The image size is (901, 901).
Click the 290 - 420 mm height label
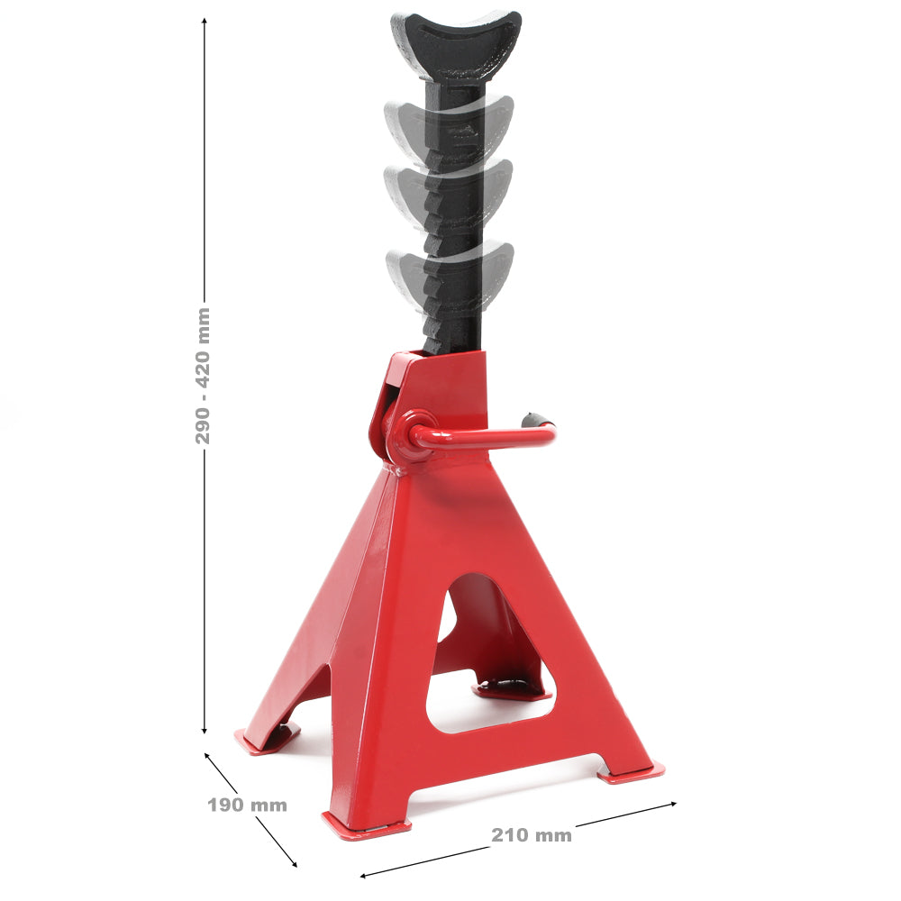(x=204, y=375)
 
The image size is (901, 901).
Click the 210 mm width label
(x=532, y=835)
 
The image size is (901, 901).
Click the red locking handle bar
(x=496, y=439)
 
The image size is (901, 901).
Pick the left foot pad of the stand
(x=266, y=740)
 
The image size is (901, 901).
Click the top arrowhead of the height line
(x=205, y=23)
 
